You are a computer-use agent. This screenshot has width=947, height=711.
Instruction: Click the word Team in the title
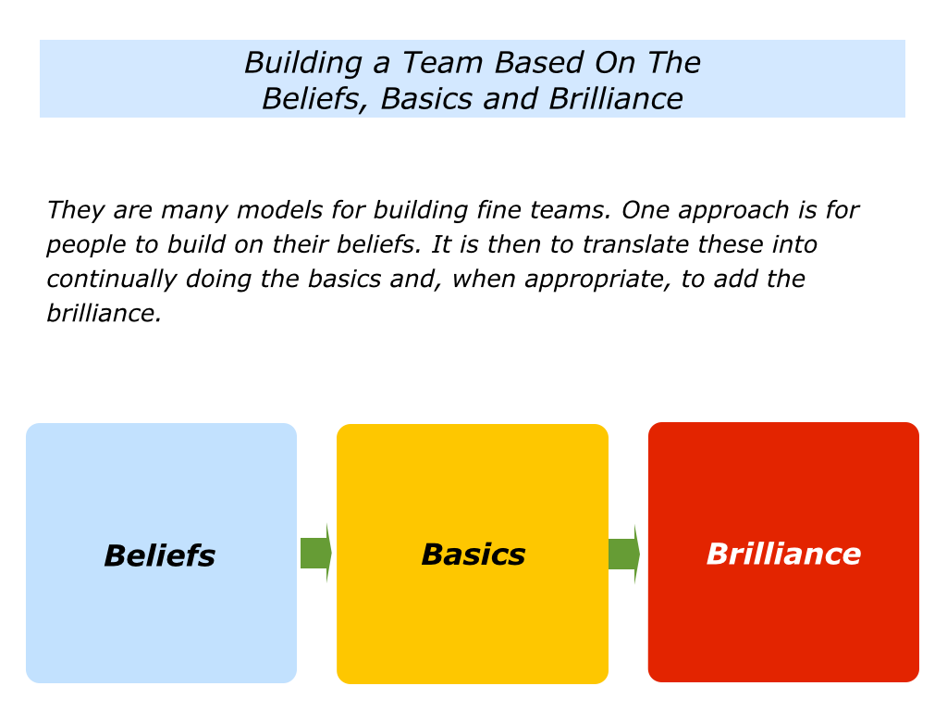click(442, 63)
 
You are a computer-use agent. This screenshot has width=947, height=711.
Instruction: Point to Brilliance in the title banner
click(616, 98)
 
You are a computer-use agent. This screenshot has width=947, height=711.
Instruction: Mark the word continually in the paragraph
click(111, 280)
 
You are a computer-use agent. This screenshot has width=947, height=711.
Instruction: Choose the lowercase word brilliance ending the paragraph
click(104, 314)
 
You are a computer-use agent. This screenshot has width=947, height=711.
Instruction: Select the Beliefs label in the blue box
click(160, 555)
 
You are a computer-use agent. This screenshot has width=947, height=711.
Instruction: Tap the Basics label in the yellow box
click(473, 555)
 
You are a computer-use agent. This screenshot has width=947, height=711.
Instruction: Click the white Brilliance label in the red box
click(784, 554)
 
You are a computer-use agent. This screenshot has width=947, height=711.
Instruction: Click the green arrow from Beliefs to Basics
click(316, 554)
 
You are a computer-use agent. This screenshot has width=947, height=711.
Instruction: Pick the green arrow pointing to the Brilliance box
click(624, 554)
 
